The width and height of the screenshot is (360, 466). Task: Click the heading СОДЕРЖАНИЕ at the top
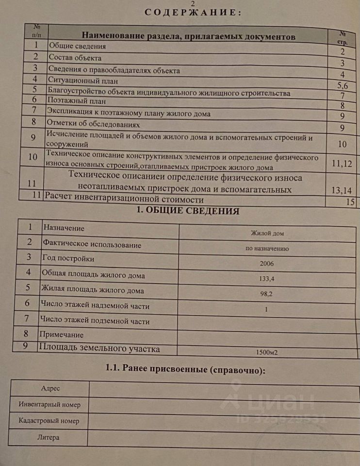pyautogui.click(x=193, y=13)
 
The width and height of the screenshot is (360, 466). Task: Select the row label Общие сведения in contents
pyautogui.click(x=77, y=47)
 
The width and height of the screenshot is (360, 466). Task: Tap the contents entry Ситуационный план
pyautogui.click(x=82, y=81)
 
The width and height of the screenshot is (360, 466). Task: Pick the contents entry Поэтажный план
pyautogui.click(x=76, y=101)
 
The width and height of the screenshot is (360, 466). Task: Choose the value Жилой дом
pyautogui.click(x=267, y=233)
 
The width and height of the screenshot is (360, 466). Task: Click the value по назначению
pyautogui.click(x=267, y=249)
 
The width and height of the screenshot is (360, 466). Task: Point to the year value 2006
pyautogui.click(x=267, y=264)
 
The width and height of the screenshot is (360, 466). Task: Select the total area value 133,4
pyautogui.click(x=267, y=279)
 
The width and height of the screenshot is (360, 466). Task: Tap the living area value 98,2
pyautogui.click(x=267, y=294)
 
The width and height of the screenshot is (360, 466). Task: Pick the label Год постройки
pyautogui.click(x=68, y=259)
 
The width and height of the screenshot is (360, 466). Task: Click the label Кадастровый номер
pyautogui.click(x=49, y=421)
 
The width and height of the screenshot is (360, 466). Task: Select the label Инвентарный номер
pyautogui.click(x=49, y=404)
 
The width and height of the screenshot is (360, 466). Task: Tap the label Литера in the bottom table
pyautogui.click(x=49, y=437)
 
